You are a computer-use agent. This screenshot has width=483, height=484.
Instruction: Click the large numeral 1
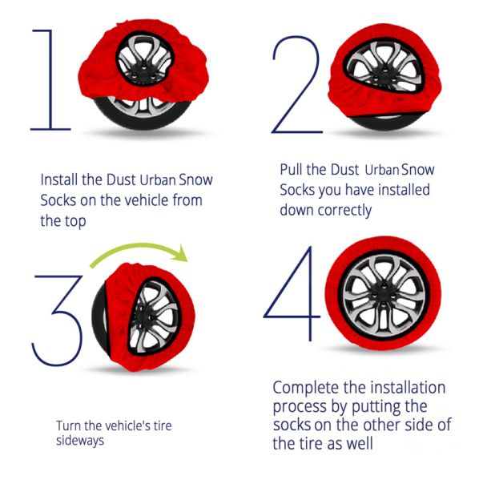(50, 79)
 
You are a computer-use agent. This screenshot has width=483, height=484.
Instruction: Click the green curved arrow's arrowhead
(180, 254)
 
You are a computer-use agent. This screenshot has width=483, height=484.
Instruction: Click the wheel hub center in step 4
(384, 296)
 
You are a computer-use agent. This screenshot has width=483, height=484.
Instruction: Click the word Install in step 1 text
(58, 179)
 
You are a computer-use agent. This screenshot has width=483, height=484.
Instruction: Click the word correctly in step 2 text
(344, 211)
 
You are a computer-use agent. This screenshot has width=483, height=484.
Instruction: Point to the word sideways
(80, 441)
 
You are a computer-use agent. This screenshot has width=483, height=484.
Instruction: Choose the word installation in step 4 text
(408, 387)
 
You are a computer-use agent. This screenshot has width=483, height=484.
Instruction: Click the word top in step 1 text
(75, 222)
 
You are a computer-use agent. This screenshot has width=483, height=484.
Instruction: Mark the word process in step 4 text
(300, 407)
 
